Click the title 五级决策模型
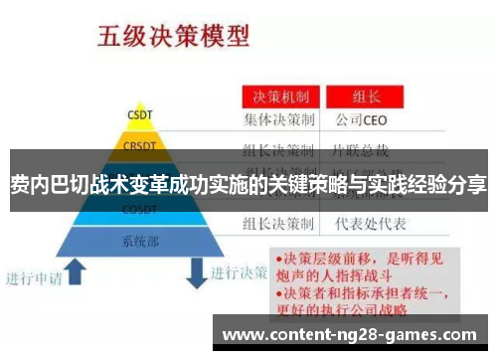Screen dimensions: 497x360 coord(171,37)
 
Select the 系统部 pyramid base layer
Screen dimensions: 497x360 coord(139,241)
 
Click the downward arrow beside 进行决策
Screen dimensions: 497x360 coord(196,269)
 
